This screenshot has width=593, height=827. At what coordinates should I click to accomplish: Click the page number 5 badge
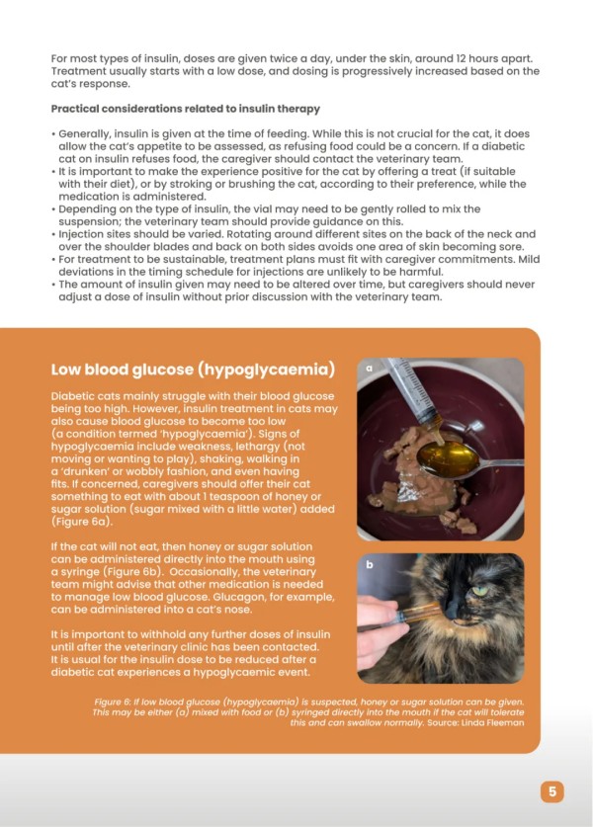(x=551, y=790)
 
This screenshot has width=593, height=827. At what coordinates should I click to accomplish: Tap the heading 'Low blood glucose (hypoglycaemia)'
(x=192, y=371)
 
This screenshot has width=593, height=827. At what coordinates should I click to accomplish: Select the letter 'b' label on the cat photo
(x=370, y=565)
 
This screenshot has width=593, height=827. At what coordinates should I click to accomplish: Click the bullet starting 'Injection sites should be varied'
(x=296, y=240)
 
